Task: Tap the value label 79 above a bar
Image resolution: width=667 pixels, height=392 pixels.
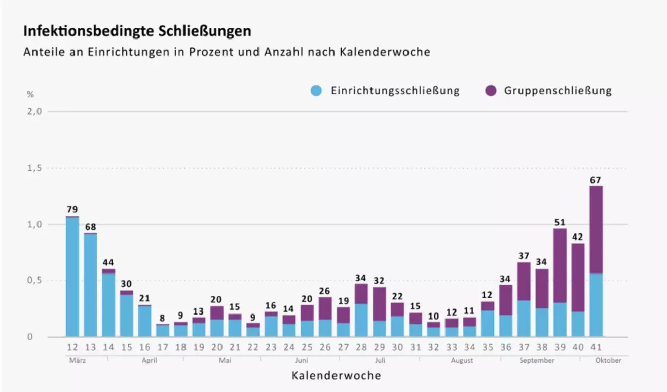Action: [x=72, y=210]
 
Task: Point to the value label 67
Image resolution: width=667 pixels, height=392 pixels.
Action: [x=596, y=180]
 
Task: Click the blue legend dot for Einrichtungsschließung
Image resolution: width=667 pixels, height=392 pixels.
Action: [x=316, y=91]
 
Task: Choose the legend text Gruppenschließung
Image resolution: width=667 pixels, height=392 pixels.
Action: [x=558, y=91]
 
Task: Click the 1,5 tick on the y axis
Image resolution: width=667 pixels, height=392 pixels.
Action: [x=34, y=168]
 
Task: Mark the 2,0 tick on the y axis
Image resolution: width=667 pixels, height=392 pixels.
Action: [x=34, y=111]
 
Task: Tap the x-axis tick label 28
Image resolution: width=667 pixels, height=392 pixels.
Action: [x=361, y=347]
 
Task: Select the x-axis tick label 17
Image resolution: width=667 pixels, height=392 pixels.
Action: [x=162, y=347]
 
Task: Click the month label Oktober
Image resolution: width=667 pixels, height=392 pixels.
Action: [x=608, y=360]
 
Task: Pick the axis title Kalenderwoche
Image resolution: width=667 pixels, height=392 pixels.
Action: [x=336, y=376]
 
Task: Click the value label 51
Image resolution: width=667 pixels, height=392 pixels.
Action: [x=560, y=222]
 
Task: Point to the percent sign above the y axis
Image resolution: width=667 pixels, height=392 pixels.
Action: [x=30, y=94]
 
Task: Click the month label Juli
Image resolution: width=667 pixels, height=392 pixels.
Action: [x=380, y=360]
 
